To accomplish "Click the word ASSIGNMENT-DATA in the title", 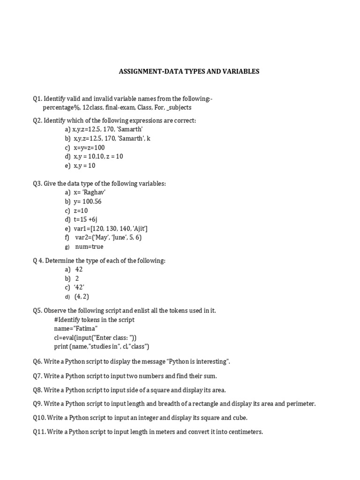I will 145,72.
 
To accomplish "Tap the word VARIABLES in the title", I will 239,72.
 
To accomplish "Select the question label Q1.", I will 37,99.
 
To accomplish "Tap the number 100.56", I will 91,202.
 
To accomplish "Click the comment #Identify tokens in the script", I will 94,320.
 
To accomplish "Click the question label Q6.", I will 37,362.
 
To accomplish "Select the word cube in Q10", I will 239,418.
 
